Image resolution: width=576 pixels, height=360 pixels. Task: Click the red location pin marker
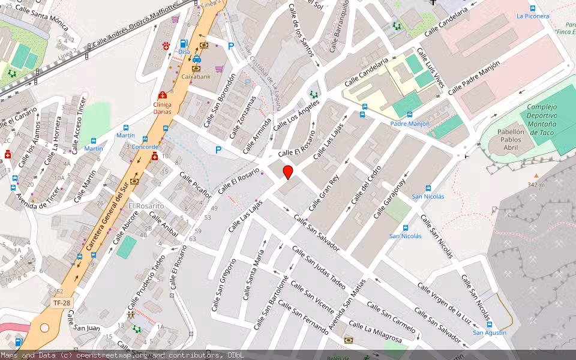pyautogui.click(x=288, y=172)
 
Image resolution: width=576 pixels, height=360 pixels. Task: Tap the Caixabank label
pyautogui.click(x=197, y=77)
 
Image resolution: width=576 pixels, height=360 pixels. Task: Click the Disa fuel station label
pyautogui.click(x=184, y=52)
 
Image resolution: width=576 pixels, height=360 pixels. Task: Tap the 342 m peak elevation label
pyautogui.click(x=536, y=185)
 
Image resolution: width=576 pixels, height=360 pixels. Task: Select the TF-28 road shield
pyautogui.click(x=62, y=303)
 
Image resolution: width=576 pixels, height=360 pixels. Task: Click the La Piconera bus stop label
pyautogui.click(x=532, y=16)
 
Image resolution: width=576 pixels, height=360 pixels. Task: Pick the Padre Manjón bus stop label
pyautogui.click(x=410, y=124)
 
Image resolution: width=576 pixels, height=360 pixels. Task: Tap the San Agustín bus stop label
pyautogui.click(x=489, y=332)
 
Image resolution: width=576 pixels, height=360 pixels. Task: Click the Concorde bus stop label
pyautogui.click(x=145, y=147)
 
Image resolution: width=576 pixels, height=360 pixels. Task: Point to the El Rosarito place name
pyautogui.click(x=146, y=206)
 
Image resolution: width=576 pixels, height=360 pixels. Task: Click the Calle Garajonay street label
pyautogui.click(x=390, y=198)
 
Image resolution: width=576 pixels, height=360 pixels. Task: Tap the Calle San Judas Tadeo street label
pyautogui.click(x=319, y=267)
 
